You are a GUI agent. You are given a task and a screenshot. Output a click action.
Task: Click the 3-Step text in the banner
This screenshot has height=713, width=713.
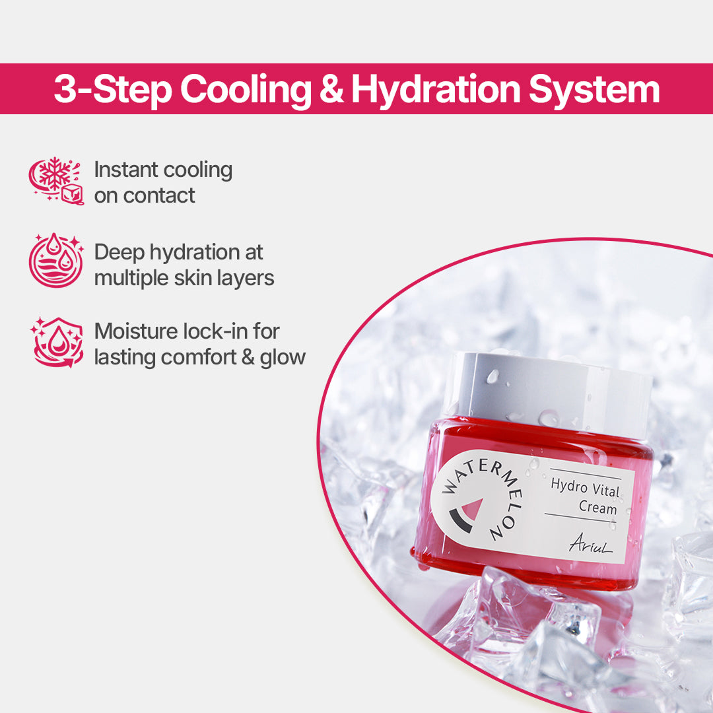point(111,90)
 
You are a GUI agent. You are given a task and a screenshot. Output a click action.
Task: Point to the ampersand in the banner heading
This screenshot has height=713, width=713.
point(331,90)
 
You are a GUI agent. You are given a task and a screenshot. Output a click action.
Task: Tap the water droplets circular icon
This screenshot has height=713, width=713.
point(56,261)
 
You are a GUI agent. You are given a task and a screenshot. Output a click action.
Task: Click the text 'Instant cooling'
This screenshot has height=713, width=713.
point(163,170)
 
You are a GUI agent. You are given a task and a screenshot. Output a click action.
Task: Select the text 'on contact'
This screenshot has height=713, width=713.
point(145,195)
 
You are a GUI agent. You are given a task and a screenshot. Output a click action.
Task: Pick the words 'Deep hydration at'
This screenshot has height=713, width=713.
point(178,252)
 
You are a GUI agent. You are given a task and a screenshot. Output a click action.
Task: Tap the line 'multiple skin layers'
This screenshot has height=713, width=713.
point(184,278)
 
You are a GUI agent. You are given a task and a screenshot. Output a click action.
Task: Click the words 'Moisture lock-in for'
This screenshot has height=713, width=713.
point(187,331)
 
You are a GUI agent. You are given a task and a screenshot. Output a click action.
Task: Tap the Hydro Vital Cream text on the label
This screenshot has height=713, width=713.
point(584,495)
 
